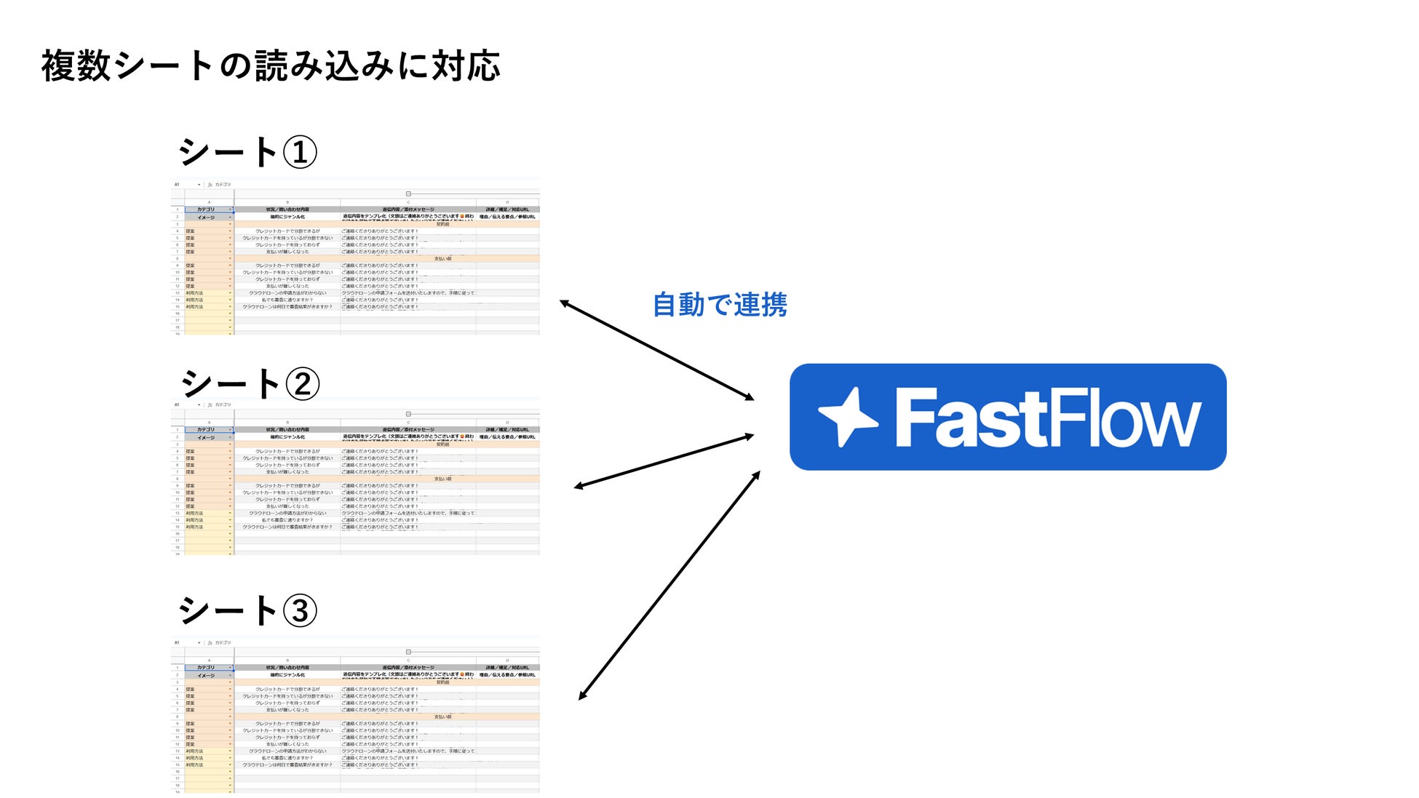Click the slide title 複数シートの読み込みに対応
271,66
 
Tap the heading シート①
247,153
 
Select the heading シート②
250,383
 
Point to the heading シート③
247,610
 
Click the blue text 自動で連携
720,304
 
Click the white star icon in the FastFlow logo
847,417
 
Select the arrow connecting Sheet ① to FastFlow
656,350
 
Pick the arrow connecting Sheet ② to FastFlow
664,461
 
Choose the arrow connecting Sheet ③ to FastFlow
669,586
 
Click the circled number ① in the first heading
300,153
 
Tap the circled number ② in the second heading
302,384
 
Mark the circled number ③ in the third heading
300,611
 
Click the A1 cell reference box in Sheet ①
178,185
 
